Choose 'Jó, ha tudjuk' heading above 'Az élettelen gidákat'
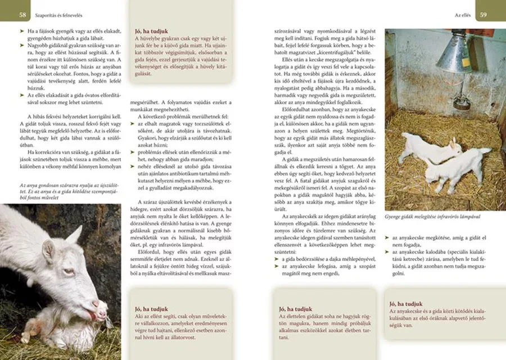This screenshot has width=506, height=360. (x=295, y=308)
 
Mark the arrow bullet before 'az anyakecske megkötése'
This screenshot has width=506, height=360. (x=387, y=238)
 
